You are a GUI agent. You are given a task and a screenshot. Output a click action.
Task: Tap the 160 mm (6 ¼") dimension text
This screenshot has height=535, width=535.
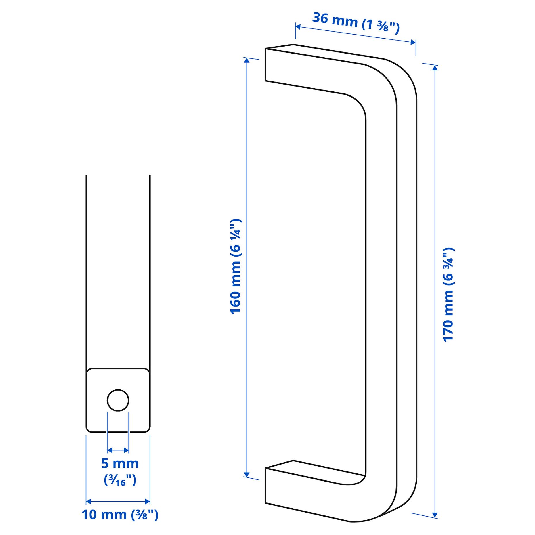(x=236, y=267)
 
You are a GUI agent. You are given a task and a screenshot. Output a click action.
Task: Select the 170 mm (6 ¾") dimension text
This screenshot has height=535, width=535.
(x=448, y=295)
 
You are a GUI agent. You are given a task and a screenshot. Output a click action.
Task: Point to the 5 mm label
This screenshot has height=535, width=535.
(x=120, y=463)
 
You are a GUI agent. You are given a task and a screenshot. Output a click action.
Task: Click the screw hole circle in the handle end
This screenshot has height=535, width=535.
(x=118, y=400)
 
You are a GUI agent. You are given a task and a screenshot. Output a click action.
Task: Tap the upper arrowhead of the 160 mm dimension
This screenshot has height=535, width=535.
(x=247, y=60)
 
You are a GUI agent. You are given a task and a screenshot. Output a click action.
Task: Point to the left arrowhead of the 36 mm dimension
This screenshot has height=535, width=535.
(x=298, y=27)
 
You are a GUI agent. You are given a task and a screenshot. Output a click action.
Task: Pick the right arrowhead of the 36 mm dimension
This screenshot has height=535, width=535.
(x=413, y=43)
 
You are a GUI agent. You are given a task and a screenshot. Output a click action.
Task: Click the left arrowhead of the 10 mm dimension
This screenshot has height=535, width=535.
(x=89, y=501)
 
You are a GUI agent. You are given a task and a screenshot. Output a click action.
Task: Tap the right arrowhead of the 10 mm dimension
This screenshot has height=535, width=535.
(x=147, y=501)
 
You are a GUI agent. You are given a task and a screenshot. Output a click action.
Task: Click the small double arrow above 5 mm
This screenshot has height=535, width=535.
(x=118, y=450)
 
